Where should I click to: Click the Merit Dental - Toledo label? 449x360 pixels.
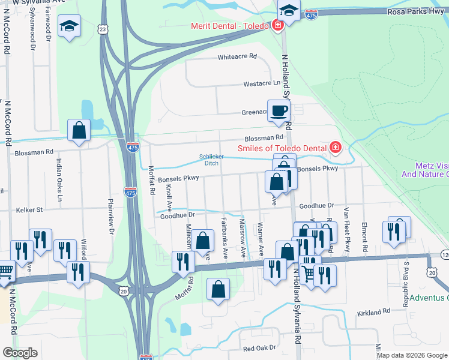pyautogui.click(x=230, y=26)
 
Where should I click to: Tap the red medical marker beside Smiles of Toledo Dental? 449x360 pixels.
pyautogui.click(x=335, y=148)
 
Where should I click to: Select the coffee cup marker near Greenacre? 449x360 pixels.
pyautogui.click(x=279, y=111)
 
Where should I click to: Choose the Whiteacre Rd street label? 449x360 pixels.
pyautogui.click(x=237, y=56)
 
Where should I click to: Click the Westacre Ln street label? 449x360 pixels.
pyautogui.click(x=261, y=84)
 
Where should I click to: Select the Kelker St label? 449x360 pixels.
pyautogui.click(x=31, y=210)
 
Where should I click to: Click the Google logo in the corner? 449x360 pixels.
pyautogui.click(x=20, y=353)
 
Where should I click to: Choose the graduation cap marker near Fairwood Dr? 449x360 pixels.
pyautogui.click(x=69, y=26)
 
